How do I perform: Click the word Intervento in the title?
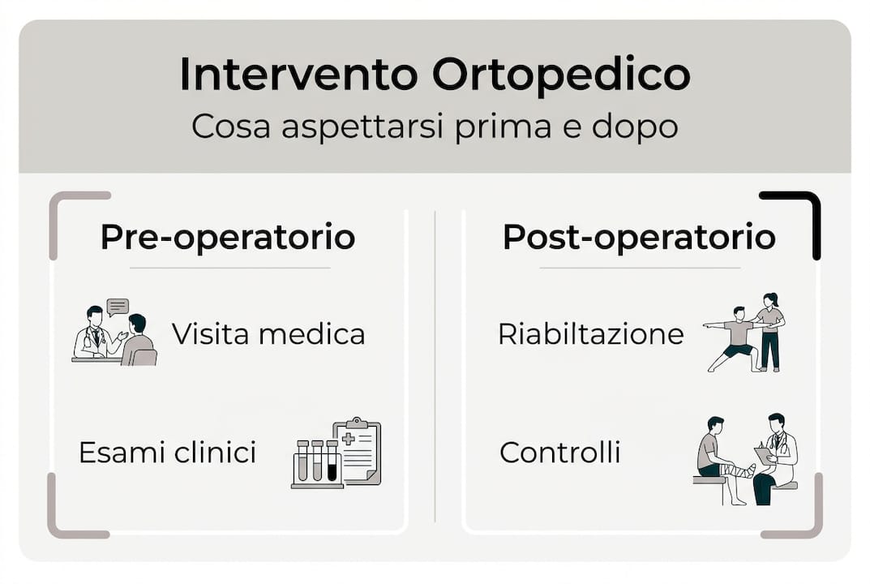pos(298,75)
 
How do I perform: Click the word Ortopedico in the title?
pos(561,75)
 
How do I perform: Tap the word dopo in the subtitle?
pos(638,127)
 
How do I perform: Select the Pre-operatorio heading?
pos(228,237)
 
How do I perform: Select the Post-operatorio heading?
pos(639,237)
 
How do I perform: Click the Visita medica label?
pos(268,334)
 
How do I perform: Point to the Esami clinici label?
pos(167,452)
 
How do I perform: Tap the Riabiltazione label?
pos(590,334)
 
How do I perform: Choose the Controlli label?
pos(559,452)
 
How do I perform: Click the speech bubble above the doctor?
pos(118,307)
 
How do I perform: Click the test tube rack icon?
pos(315,463)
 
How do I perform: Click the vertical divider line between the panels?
pos(435,365)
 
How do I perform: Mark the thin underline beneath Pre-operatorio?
pos(229,268)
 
